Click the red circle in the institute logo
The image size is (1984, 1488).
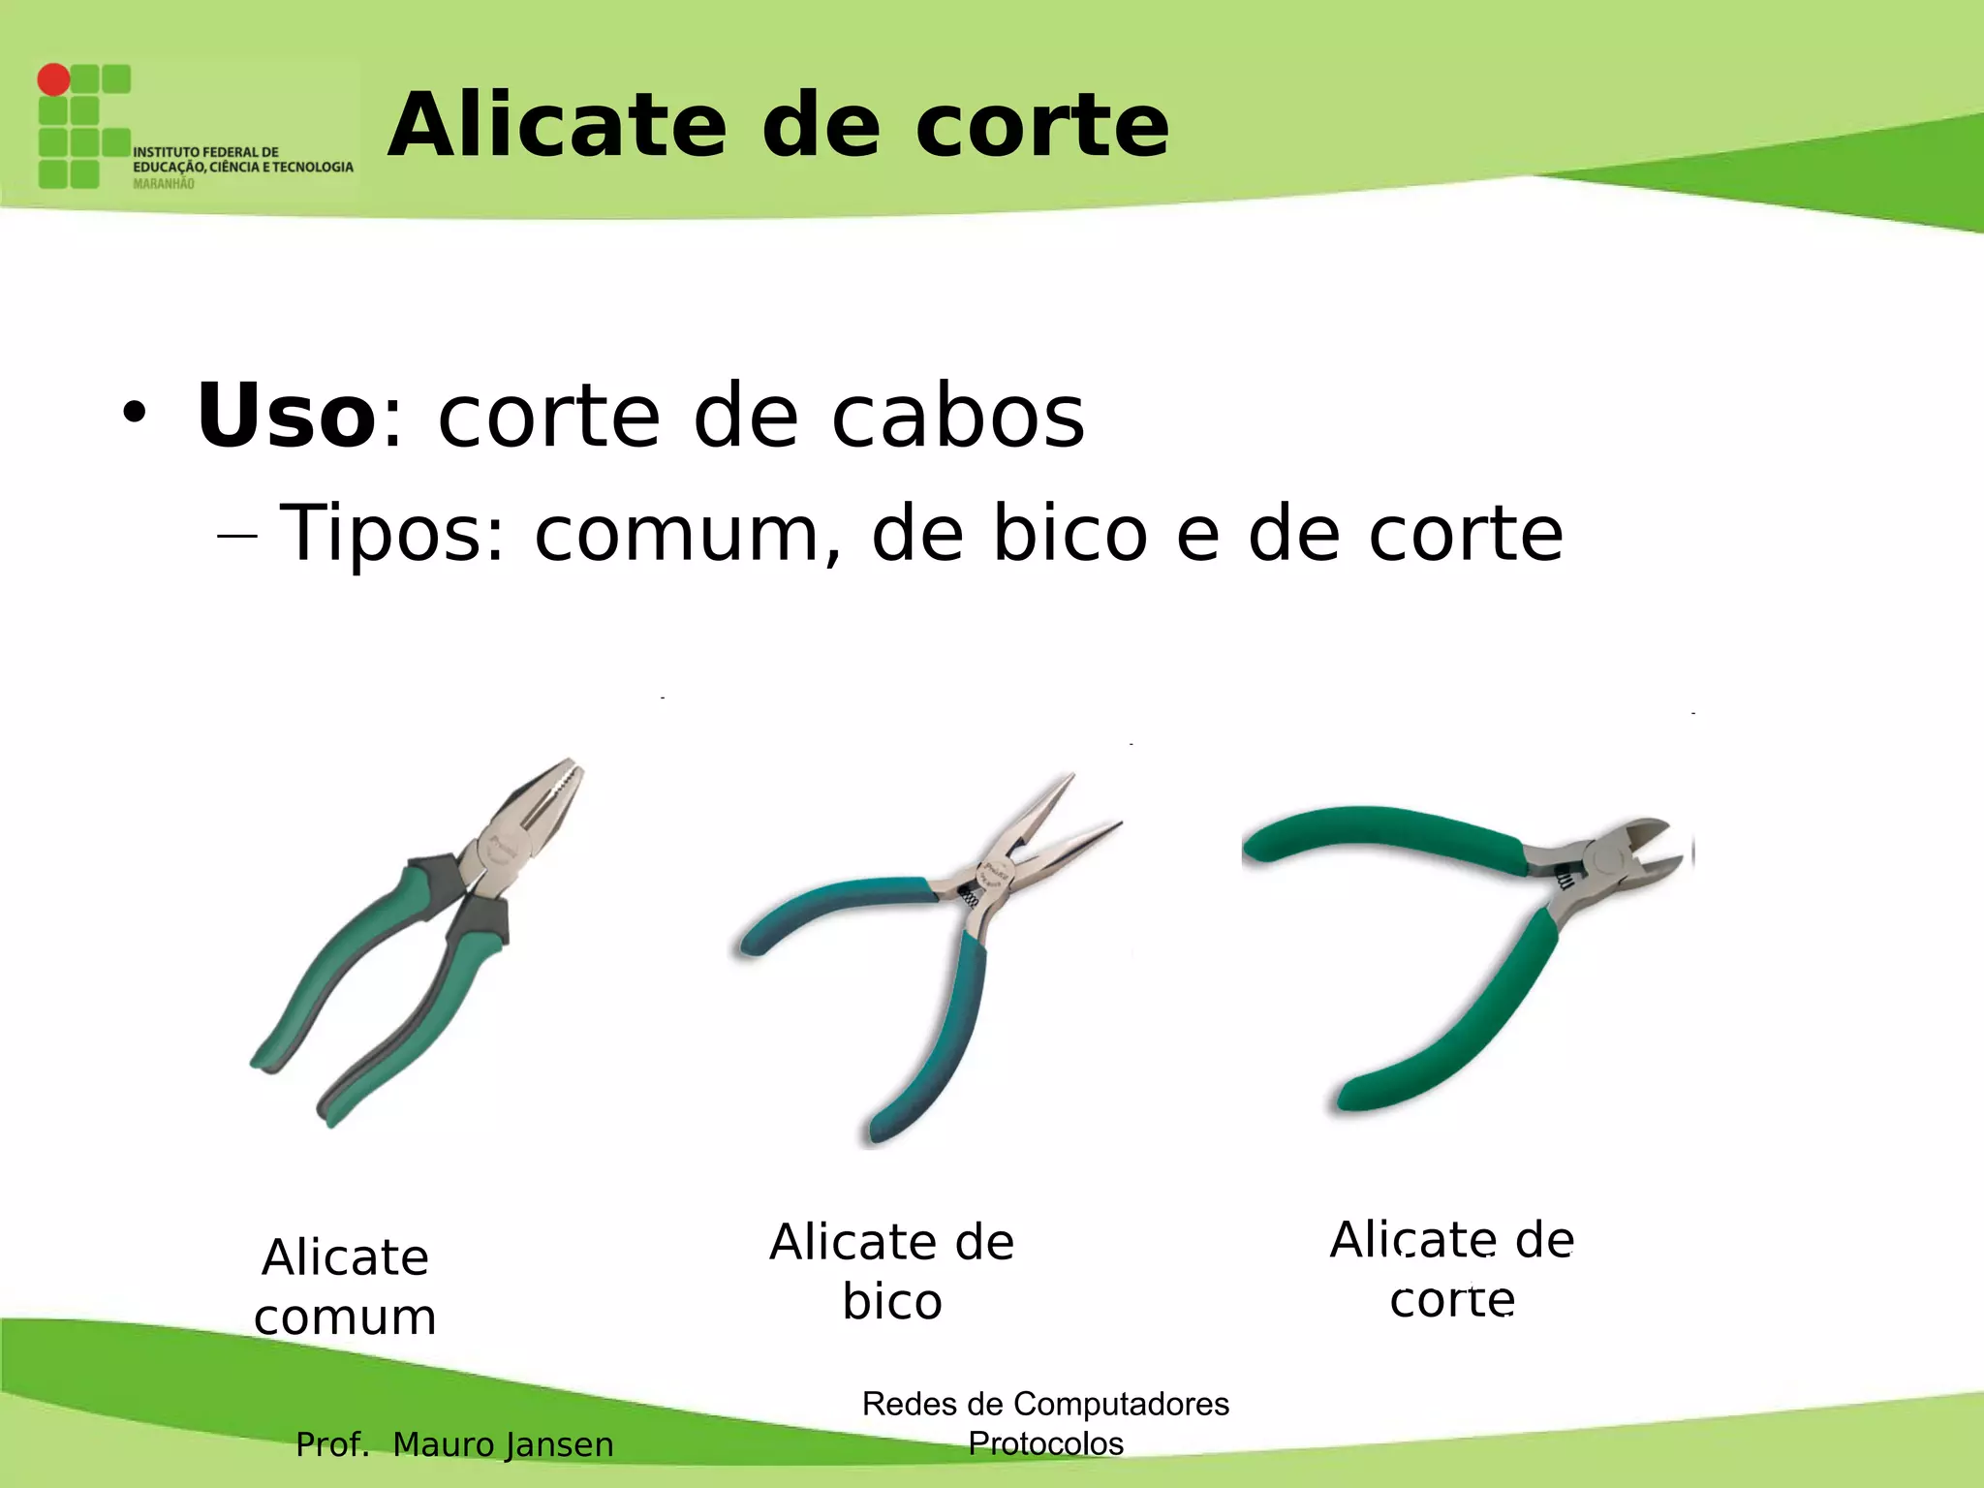tap(54, 79)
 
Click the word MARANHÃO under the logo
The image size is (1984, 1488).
tap(163, 184)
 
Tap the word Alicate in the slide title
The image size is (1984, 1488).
tap(557, 125)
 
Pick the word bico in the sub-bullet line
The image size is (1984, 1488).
tap(1069, 533)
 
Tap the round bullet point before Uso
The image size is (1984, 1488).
tap(134, 415)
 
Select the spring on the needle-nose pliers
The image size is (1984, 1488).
tap(970, 898)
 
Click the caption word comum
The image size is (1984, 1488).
tap(345, 1317)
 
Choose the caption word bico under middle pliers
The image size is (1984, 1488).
tap(891, 1301)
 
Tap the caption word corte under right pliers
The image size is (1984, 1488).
tap(1451, 1299)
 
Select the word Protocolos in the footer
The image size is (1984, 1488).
tap(1045, 1443)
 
